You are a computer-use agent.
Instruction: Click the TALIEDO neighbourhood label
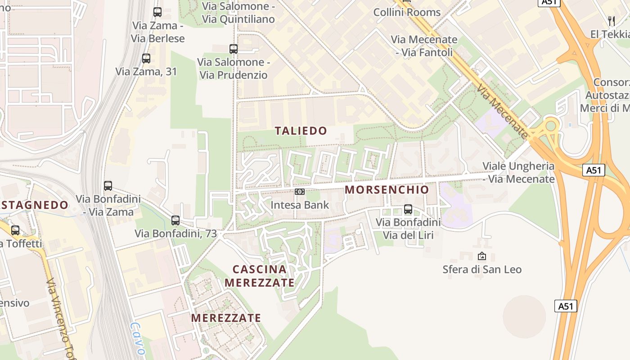(x=301, y=131)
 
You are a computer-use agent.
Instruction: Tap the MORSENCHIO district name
(x=387, y=190)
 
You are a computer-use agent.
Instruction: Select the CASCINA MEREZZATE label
(x=260, y=276)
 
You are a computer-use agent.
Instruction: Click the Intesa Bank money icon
(x=300, y=192)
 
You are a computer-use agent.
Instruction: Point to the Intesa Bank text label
(x=300, y=205)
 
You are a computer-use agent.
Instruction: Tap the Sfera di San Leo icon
(x=482, y=256)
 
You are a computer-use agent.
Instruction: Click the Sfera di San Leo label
(x=482, y=270)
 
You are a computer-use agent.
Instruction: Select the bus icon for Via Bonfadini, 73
(x=175, y=220)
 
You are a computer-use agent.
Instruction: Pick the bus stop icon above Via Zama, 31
(x=146, y=58)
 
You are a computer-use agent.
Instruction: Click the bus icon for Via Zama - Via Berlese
(x=157, y=12)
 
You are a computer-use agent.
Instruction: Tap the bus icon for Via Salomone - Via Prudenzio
(x=233, y=49)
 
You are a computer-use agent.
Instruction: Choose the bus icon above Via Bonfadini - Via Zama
(x=108, y=185)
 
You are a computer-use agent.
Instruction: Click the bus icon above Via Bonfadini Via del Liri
(x=408, y=209)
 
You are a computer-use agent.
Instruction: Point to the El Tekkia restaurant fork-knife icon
(x=611, y=21)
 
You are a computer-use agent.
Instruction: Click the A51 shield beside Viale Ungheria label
(x=594, y=170)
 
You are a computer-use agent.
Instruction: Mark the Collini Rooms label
(x=407, y=12)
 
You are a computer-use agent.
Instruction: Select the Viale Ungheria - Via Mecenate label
(x=518, y=172)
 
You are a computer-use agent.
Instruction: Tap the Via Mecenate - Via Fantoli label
(x=424, y=46)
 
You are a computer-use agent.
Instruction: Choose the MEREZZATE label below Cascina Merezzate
(x=226, y=318)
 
